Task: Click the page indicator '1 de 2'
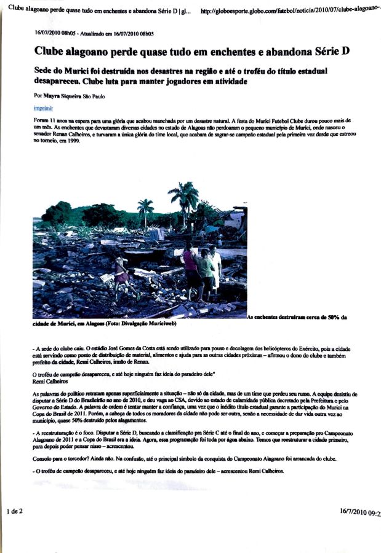15,511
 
